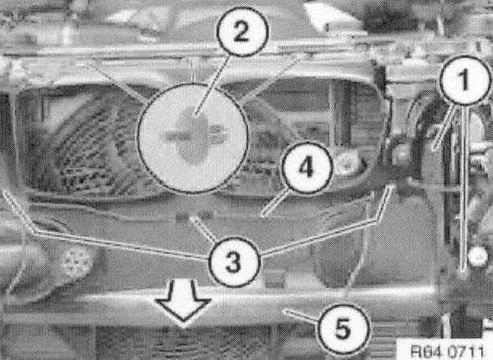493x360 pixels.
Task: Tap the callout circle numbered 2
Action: pos(242,32)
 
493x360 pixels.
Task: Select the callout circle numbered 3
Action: pos(234,261)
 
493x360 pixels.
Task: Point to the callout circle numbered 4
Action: pos(306,167)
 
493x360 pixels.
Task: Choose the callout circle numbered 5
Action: pos(342,329)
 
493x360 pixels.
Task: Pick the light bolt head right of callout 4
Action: pos(347,162)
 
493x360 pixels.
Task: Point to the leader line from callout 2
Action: pos(213,84)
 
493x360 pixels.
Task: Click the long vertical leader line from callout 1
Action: pos(464,189)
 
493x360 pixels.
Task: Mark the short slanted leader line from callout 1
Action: pos(444,127)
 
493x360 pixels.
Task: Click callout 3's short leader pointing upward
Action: pos(203,229)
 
